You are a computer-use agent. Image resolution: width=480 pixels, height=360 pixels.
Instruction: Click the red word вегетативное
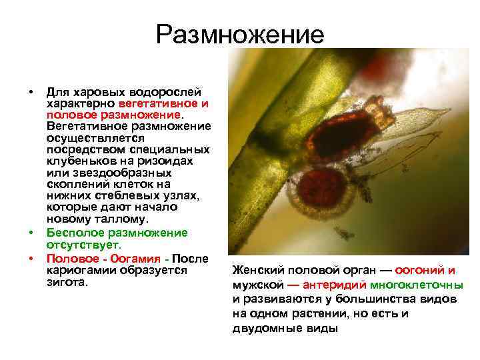point(159,104)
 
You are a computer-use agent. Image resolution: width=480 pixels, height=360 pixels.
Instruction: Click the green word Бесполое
point(72,233)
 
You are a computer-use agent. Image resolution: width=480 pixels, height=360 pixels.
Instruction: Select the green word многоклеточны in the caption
point(423,285)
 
